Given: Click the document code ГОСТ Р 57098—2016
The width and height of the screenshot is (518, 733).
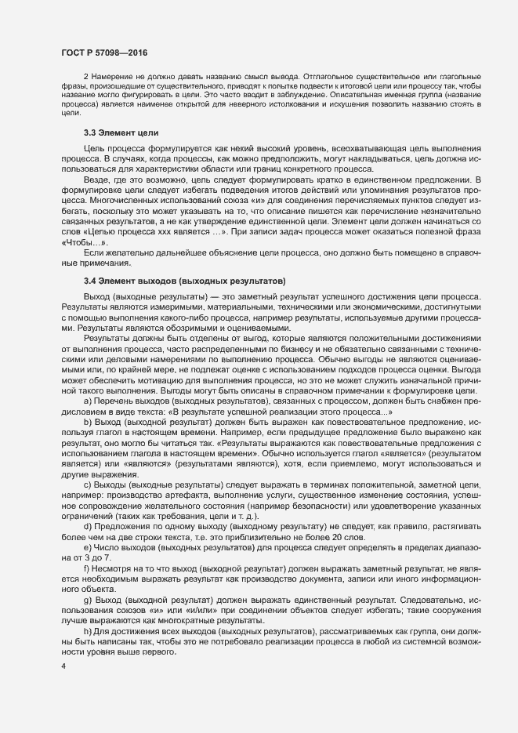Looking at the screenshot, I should (x=103, y=52).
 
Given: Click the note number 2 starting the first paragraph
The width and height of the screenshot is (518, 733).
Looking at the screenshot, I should (x=86, y=82).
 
